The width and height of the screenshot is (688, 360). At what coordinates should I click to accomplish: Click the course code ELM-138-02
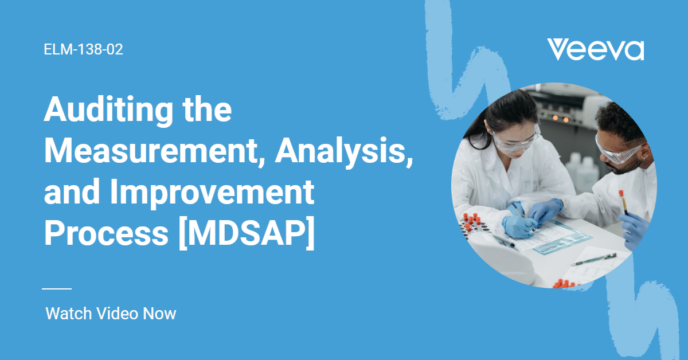[x=83, y=49]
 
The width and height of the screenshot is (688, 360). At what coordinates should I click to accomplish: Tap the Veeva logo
[x=596, y=50]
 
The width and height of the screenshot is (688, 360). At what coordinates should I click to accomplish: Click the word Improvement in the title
[x=212, y=193]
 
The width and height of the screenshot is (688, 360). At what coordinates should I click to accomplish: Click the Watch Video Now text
[x=111, y=314]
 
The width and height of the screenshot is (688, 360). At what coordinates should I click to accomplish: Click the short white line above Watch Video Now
[x=57, y=289]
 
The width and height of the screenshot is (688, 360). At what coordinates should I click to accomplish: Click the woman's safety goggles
[x=516, y=140]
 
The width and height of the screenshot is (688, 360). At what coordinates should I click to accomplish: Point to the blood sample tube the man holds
[x=623, y=202]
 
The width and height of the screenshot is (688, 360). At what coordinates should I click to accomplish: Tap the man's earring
[x=644, y=159]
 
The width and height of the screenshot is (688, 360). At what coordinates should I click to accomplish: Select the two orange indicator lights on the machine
[x=561, y=119]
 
